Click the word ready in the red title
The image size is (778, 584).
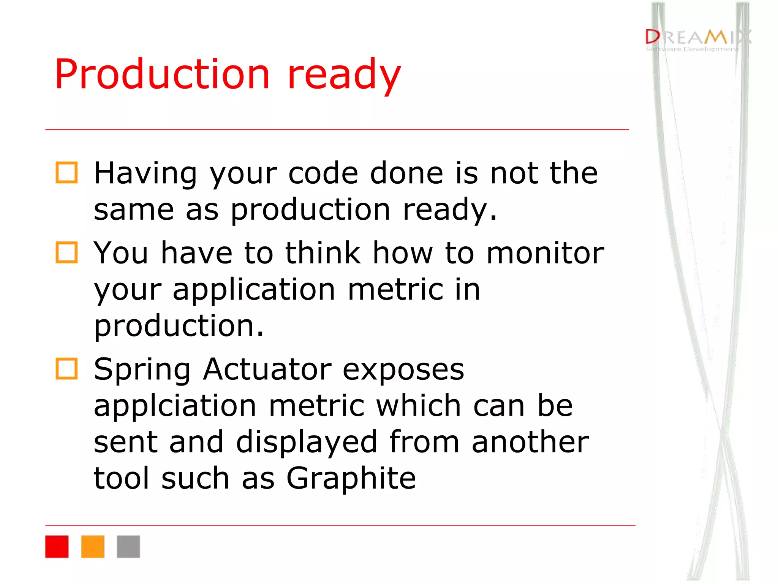click(x=344, y=74)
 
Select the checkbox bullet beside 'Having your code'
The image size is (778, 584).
click(x=67, y=173)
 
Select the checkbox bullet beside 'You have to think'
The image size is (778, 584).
click(x=67, y=252)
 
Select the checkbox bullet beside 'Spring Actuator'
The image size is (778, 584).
click(x=67, y=368)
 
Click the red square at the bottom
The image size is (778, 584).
click(x=57, y=546)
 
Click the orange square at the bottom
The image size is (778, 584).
click(x=93, y=546)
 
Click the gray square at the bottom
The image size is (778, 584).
click(x=128, y=546)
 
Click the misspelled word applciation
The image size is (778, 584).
click(x=175, y=406)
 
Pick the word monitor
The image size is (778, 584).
click(x=545, y=253)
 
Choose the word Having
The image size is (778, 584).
click(x=145, y=173)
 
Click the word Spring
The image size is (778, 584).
click(x=142, y=370)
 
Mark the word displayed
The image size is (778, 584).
click(x=306, y=442)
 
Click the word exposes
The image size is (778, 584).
click(x=403, y=370)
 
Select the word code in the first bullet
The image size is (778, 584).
click(x=323, y=173)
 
